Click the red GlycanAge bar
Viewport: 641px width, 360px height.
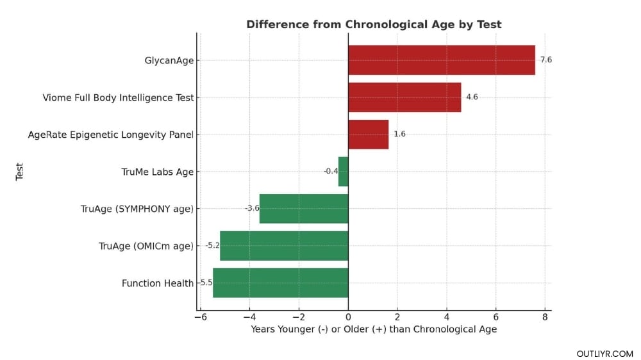[441, 60]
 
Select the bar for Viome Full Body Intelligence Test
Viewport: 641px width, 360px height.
[404, 97]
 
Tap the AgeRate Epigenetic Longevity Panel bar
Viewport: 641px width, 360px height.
[368, 135]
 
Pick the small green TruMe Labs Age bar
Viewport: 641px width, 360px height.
[343, 172]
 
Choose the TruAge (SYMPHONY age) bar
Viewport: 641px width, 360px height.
[304, 209]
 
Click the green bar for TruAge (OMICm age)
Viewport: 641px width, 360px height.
[284, 246]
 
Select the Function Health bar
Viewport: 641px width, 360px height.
[280, 283]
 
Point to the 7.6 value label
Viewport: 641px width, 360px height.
[545, 60]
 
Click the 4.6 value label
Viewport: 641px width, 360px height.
[472, 97]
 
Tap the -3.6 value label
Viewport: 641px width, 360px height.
[251, 209]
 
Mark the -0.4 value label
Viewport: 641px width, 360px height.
[330, 172]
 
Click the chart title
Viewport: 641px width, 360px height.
[374, 24]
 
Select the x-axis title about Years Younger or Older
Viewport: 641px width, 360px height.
[374, 329]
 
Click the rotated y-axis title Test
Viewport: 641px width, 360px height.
[19, 171]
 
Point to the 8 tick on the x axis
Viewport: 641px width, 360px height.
[545, 317]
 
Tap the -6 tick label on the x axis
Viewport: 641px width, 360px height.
[200, 317]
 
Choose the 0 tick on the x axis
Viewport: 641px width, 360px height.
[348, 317]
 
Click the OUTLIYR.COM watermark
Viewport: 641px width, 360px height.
[604, 354]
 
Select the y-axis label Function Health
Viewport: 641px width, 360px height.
[157, 283]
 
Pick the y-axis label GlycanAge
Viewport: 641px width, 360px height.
[169, 61]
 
